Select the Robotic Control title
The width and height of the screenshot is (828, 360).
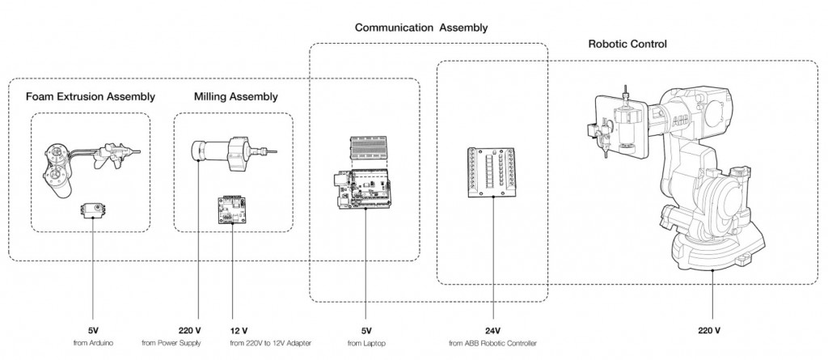tap(627, 44)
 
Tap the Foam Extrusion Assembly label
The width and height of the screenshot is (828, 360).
tap(91, 96)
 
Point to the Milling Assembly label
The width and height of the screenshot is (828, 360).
tap(236, 96)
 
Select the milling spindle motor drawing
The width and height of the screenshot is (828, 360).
tap(226, 152)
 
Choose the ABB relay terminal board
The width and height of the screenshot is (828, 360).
tap(492, 172)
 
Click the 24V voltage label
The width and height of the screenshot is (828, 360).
tap(492, 330)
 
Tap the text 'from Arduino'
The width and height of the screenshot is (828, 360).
tap(92, 344)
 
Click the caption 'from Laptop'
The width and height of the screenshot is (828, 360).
tap(365, 344)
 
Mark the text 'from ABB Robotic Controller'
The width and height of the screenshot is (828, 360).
tap(492, 344)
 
